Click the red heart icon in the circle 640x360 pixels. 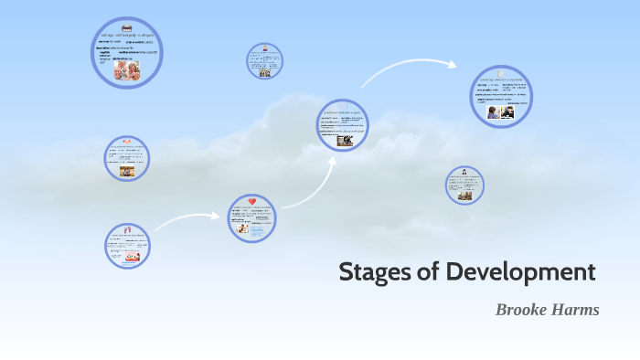pyautogui.click(x=252, y=202)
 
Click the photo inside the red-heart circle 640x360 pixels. pyautogui.click(x=243, y=228)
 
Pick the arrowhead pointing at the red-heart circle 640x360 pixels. pyautogui.click(x=219, y=217)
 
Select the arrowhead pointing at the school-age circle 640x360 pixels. pyautogui.click(x=452, y=64)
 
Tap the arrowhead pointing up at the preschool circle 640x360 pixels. pyautogui.click(x=331, y=156)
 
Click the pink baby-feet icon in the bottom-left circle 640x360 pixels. pyautogui.click(x=127, y=229)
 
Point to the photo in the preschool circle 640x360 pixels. pyautogui.click(x=345, y=140)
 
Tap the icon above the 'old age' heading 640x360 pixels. pyautogui.click(x=127, y=26)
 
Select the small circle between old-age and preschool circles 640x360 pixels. pyautogui.click(x=264, y=60)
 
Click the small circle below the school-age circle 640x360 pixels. pyautogui.click(x=464, y=185)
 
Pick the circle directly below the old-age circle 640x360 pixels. pyautogui.click(x=126, y=158)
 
